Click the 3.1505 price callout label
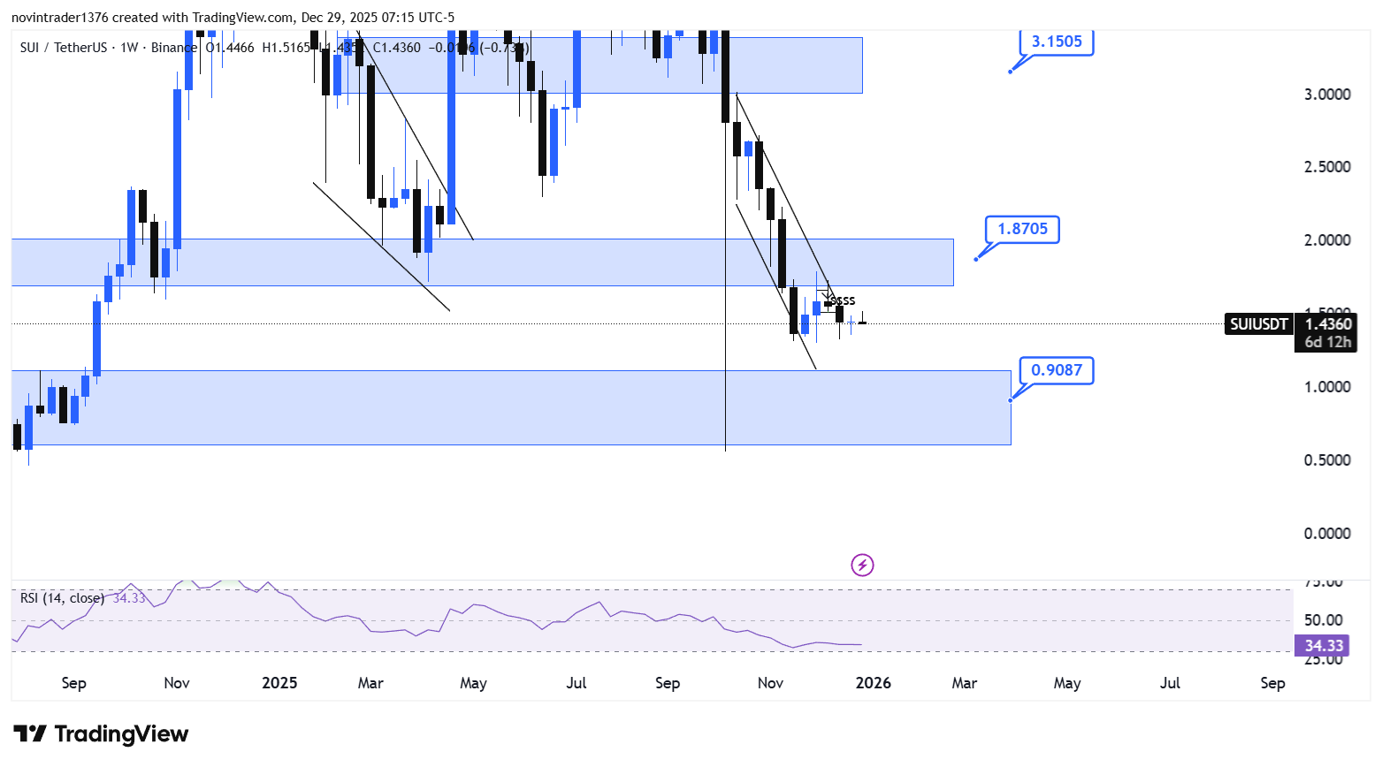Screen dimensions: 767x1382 point(1057,42)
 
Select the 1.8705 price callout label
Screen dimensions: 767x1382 point(1022,229)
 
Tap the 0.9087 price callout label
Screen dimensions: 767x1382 point(1057,370)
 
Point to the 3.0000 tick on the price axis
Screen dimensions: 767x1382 point(1327,95)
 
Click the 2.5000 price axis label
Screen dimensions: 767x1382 point(1327,167)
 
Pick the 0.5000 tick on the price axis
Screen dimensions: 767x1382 point(1327,460)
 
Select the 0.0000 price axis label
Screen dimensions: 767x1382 point(1327,534)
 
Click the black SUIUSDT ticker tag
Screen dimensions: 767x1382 point(1259,324)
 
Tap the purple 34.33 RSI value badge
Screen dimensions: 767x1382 point(1324,646)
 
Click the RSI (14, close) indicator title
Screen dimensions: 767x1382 point(62,598)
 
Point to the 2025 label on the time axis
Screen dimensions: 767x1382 point(279,683)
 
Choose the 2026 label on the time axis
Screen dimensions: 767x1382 point(873,683)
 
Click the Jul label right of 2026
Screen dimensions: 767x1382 point(1170,683)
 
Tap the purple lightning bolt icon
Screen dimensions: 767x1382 point(862,565)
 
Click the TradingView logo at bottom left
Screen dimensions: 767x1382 point(102,734)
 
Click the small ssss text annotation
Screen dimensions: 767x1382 point(843,301)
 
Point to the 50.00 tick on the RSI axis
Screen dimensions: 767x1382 point(1324,620)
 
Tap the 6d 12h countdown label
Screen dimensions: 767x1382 point(1328,342)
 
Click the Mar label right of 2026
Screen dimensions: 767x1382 point(964,683)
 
